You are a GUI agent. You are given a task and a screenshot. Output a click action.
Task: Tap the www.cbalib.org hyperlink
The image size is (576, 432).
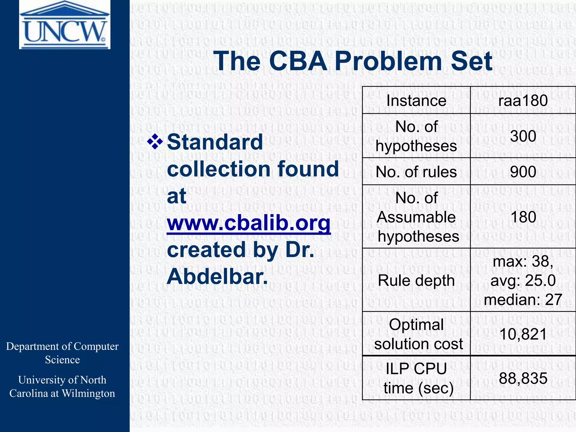pyautogui.click(x=249, y=223)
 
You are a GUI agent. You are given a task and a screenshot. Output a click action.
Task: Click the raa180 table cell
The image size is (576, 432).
pyautogui.click(x=523, y=101)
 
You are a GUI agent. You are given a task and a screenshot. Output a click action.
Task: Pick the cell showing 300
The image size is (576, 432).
pyautogui.click(x=523, y=136)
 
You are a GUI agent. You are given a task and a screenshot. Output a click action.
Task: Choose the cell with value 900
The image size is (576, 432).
pyautogui.click(x=523, y=172)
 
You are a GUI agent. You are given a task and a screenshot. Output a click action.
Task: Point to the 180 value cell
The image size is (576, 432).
pyautogui.click(x=523, y=217)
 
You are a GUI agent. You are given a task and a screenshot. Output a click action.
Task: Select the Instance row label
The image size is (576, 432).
pyautogui.click(x=416, y=101)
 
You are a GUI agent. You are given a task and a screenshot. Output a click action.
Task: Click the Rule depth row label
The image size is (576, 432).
pyautogui.click(x=416, y=280)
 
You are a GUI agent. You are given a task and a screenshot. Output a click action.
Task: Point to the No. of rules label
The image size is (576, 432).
pyautogui.click(x=416, y=172)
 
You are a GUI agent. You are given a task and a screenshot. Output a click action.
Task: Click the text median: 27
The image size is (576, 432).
pyautogui.click(x=523, y=300)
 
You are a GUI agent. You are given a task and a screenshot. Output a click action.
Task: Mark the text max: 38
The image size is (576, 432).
pyautogui.click(x=523, y=261)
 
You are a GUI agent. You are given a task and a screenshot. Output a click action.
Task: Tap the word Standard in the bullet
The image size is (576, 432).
pyautogui.click(x=215, y=142)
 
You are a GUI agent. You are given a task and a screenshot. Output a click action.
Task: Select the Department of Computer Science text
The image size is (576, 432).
pyautogui.click(x=62, y=353)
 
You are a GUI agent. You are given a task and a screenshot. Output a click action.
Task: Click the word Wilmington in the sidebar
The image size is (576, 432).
pyautogui.click(x=88, y=393)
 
